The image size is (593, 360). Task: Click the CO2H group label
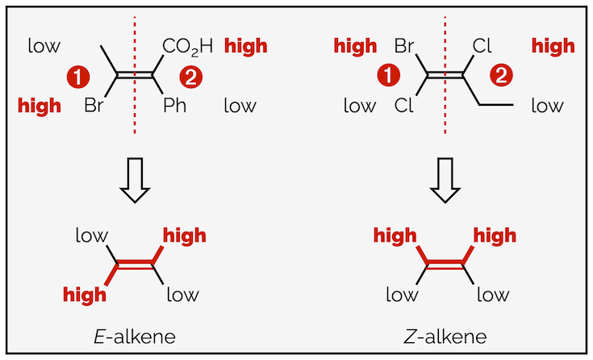[187, 47]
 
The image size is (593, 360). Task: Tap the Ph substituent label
[175, 105]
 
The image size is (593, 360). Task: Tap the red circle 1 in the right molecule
[390, 77]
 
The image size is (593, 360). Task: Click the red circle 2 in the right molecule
[501, 77]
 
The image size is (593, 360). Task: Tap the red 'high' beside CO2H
[246, 47]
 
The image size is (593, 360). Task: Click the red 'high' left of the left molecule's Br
[39, 105]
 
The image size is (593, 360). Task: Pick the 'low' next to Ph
[240, 105]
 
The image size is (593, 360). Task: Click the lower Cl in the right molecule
[405, 105]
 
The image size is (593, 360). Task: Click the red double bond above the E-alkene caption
[136, 264]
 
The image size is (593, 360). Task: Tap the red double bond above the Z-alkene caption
[445, 264]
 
